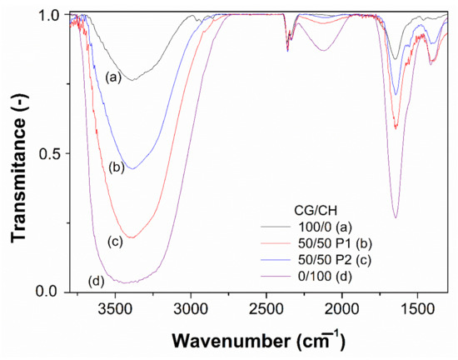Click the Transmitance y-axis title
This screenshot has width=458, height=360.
click(x=18, y=154)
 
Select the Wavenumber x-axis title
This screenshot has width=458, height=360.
click(x=259, y=341)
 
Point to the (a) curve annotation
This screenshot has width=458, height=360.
click(x=114, y=77)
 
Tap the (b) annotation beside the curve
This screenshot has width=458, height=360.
click(x=117, y=167)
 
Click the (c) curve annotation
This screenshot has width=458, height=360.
click(x=116, y=242)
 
